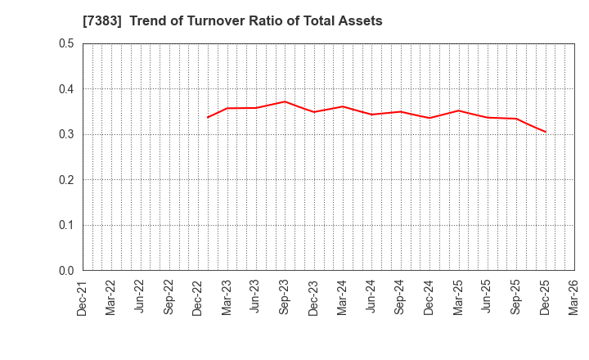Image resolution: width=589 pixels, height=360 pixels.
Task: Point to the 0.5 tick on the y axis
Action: pos(66,43)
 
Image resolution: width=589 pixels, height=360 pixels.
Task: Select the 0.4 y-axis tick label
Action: pos(66,89)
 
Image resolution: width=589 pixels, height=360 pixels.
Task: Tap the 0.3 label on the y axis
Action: pos(66,134)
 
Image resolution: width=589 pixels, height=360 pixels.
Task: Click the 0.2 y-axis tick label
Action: pos(66,180)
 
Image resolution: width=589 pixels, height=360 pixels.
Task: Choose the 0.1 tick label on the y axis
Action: pos(66,225)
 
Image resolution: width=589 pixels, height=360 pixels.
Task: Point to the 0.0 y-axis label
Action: pos(66,271)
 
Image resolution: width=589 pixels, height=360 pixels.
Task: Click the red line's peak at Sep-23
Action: pos(285,101)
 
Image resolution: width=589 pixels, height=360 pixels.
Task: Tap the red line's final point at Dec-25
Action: pos(546,132)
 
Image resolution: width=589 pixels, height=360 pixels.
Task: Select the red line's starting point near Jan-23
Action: pos(208,117)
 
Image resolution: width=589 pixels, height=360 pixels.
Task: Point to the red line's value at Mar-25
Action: pos(458,110)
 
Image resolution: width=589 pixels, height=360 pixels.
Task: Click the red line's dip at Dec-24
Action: pos(429,118)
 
